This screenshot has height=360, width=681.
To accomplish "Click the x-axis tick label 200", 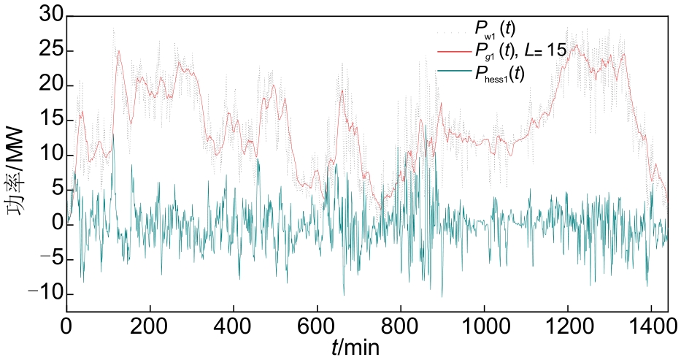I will click(150, 326).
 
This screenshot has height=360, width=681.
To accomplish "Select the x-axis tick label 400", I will click(234, 326).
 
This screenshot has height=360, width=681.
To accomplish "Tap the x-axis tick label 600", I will click(317, 326).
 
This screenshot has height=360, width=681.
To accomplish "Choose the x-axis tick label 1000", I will click(484, 326).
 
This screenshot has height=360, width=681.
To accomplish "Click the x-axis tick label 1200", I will click(568, 326).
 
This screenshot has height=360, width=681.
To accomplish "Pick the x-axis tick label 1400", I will click(651, 326).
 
